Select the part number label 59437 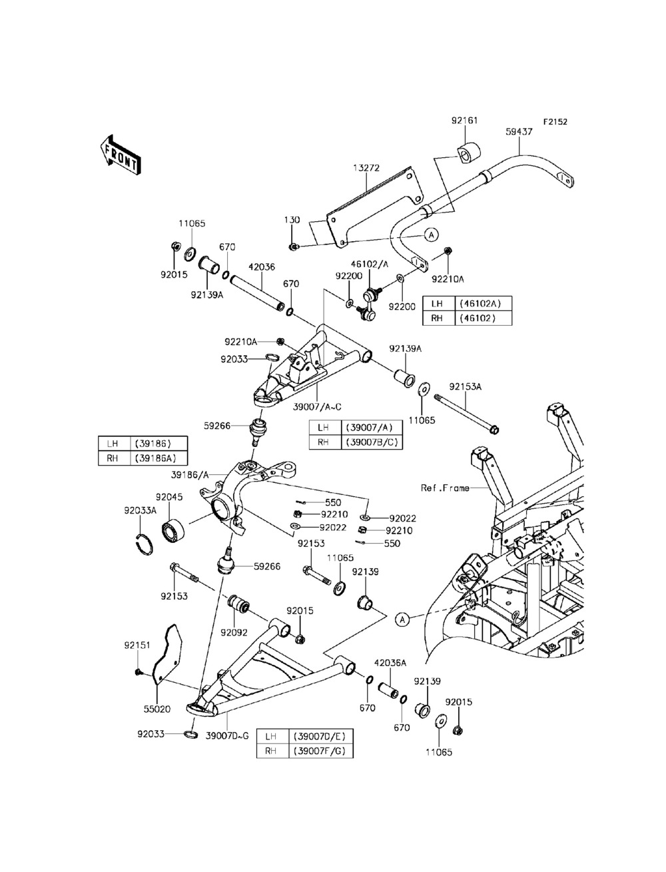tap(519, 131)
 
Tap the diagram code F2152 tap(555, 121)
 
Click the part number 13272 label tap(366, 168)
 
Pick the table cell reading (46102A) tap(483, 304)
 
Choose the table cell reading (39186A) tap(159, 458)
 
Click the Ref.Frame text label tap(445, 488)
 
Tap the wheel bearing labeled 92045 tap(174, 530)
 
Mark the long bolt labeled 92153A tap(467, 413)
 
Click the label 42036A tap(390, 663)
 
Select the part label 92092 tap(234, 632)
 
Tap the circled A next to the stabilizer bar tap(432, 234)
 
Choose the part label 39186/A tap(190, 475)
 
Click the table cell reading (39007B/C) tap(372, 442)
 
